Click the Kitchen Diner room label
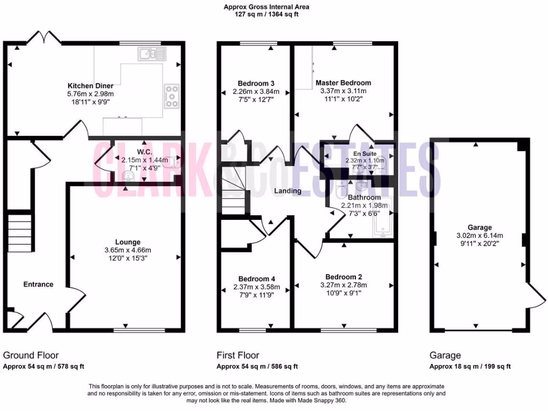pos(90,86)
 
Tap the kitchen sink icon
pos(152,54)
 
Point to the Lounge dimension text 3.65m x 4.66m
pos(127,250)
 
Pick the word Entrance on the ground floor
pos(39,284)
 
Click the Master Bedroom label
pos(343,83)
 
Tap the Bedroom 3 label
pos(256,83)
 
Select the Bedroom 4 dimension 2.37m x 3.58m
pos(257,287)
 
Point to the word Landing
pos(288,191)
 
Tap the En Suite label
pos(366,154)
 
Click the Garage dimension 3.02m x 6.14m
pos(479,235)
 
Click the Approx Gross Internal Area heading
pos(267,7)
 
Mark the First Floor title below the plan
pos(238,355)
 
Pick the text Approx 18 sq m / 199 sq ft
pos(470,367)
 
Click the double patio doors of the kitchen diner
pos(44,37)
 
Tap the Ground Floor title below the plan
pos(31,355)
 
